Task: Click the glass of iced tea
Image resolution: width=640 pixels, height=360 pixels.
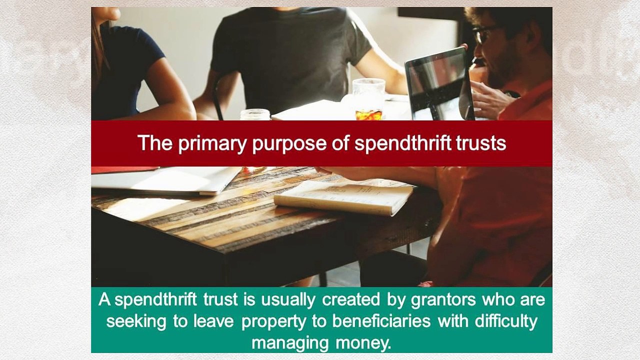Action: (x=369, y=99)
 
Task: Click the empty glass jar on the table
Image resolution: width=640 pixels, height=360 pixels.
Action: (x=255, y=114)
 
